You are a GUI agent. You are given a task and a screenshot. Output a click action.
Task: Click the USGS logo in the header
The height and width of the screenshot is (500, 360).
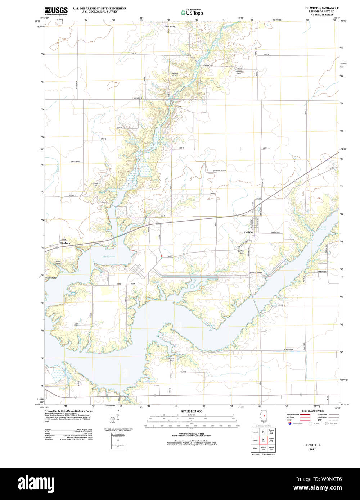56,10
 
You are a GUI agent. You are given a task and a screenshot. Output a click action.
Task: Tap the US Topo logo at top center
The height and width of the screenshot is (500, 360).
192,12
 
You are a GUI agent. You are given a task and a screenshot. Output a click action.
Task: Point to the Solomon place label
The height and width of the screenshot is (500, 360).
170,26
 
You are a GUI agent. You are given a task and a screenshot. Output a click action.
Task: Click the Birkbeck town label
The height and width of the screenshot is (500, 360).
66,244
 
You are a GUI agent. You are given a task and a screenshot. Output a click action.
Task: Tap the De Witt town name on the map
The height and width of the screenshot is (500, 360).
248,233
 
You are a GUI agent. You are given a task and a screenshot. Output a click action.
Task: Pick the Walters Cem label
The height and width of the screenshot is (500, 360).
175,75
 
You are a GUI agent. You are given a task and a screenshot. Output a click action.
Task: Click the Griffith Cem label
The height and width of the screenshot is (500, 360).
95,184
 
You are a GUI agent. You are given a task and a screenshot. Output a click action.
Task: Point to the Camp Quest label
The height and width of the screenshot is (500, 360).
58,263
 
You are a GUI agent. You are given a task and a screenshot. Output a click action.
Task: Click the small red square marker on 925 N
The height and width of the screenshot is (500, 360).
162,256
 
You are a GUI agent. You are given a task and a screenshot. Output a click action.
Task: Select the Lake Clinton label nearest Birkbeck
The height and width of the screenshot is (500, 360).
108,256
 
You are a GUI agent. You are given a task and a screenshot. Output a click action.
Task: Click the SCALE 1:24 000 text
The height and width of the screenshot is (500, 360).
192,411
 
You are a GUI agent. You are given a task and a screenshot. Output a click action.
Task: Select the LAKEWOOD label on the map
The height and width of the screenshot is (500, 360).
322,271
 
